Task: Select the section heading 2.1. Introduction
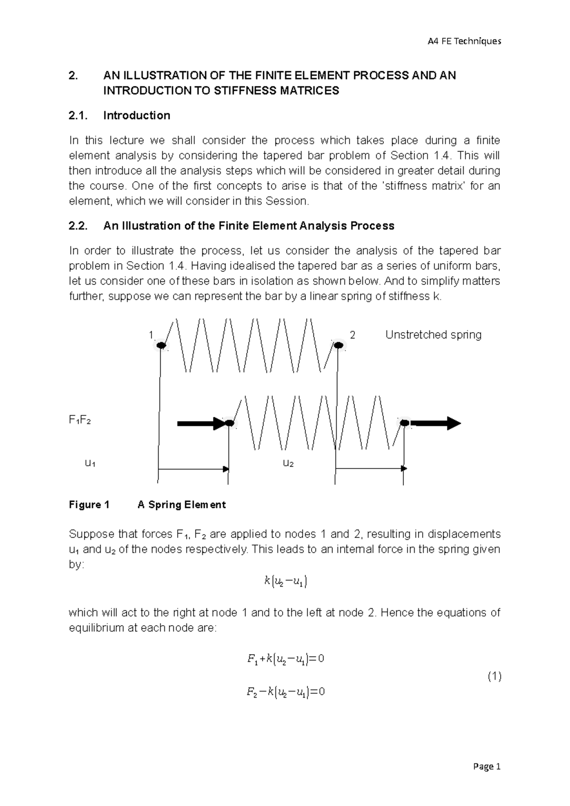[x=119, y=115]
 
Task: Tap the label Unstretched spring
[x=433, y=335]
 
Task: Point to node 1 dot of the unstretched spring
[x=161, y=345]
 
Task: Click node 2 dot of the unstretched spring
[x=338, y=345]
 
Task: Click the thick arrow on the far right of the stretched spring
[x=436, y=423]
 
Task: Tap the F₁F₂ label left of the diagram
[x=80, y=420]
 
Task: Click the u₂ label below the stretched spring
[x=288, y=463]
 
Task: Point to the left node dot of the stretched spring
[x=229, y=423]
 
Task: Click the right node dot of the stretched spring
[x=404, y=422]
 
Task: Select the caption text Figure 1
[x=89, y=505]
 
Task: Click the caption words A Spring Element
[x=181, y=505]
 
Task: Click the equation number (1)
[x=494, y=676]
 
